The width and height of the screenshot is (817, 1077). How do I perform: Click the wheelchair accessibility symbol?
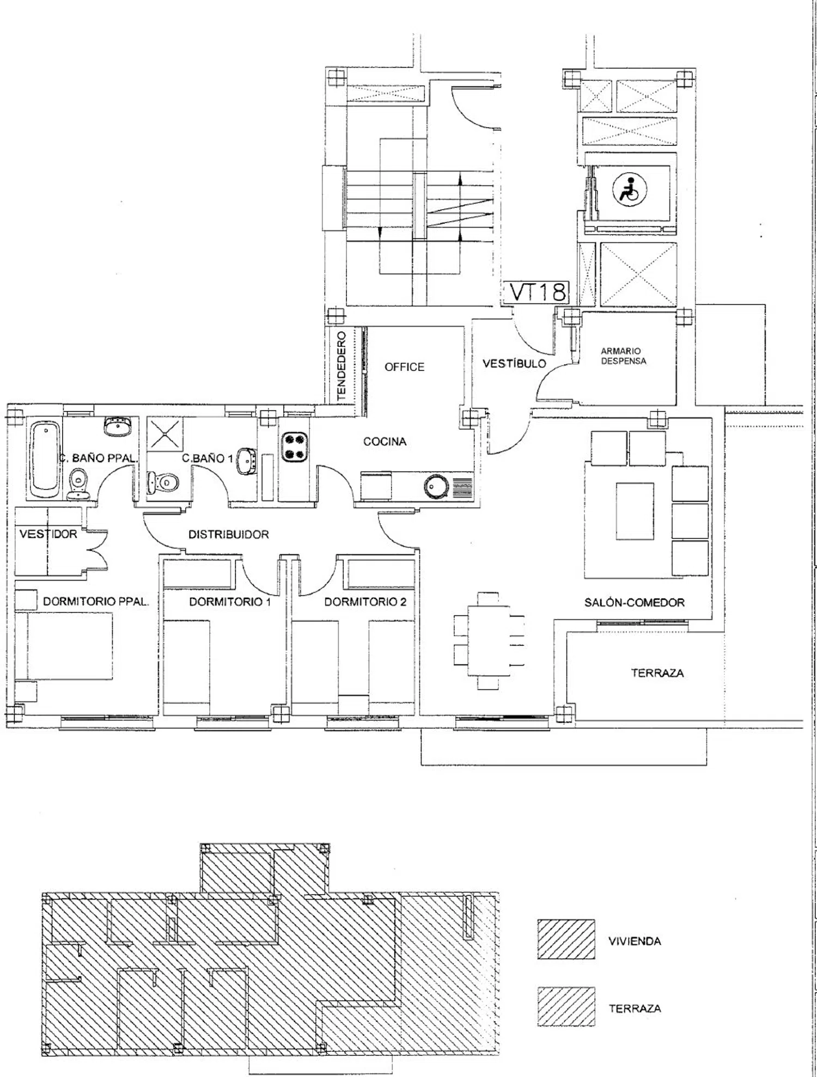pyautogui.click(x=630, y=191)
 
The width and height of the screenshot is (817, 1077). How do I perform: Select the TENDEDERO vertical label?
pyautogui.click(x=342, y=366)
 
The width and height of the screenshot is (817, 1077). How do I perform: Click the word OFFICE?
pyautogui.click(x=404, y=367)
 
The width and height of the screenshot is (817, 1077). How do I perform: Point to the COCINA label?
pyautogui.click(x=385, y=442)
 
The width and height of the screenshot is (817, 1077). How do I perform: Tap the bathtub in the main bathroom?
pyautogui.click(x=45, y=458)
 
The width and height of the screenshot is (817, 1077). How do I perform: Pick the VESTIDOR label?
pyautogui.click(x=48, y=534)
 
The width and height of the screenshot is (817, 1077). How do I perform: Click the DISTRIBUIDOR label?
pyautogui.click(x=229, y=535)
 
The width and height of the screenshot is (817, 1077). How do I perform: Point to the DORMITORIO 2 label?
pyautogui.click(x=365, y=602)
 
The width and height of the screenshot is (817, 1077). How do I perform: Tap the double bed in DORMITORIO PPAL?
pyautogui.click(x=64, y=646)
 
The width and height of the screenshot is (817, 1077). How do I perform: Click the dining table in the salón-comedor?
pyautogui.click(x=489, y=641)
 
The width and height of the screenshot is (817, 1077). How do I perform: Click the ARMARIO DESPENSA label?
pyautogui.click(x=624, y=356)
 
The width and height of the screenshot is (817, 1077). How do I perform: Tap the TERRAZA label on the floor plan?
pyautogui.click(x=657, y=673)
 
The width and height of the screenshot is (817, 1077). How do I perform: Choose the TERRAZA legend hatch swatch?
pyautogui.click(x=566, y=1007)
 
